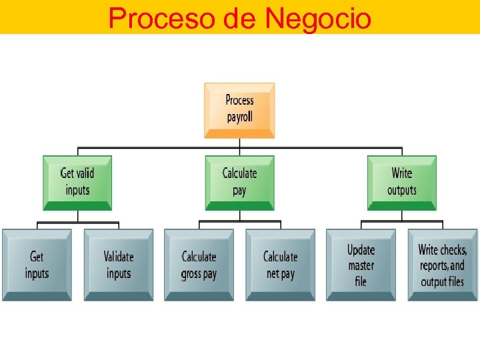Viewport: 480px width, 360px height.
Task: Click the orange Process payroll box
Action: click(239, 110)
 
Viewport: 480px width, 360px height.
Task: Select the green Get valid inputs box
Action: click(77, 182)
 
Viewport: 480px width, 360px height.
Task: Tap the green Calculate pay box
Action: click(239, 182)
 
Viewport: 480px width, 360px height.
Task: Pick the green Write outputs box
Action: click(402, 182)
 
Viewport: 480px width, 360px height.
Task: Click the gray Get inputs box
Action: click(37, 265)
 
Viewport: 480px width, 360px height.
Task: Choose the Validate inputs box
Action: click(119, 265)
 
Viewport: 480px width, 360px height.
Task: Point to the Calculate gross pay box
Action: click(199, 265)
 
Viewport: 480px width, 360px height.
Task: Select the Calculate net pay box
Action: click(280, 265)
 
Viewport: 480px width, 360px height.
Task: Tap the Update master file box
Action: click(361, 265)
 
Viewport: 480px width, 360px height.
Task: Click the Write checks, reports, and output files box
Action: click(443, 265)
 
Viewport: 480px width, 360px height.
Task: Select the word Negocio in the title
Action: click(317, 18)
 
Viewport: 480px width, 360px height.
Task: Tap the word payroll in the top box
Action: click(239, 118)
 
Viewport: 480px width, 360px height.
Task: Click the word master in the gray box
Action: click(361, 265)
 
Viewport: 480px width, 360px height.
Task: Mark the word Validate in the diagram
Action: click(119, 257)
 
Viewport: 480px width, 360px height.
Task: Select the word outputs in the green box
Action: click(402, 191)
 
